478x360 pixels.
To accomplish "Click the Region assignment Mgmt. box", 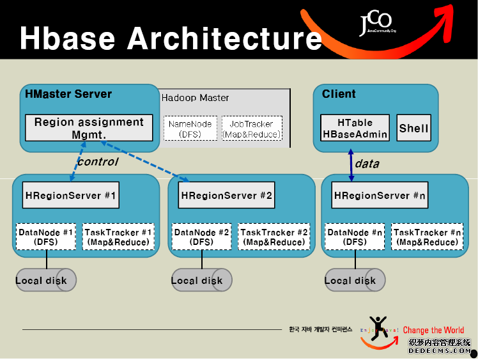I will [89, 128].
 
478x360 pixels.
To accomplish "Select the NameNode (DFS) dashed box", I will [190, 129].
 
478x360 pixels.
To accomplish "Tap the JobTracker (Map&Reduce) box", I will [251, 129].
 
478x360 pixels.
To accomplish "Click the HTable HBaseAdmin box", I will [355, 128].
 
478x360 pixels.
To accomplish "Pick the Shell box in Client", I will [413, 128].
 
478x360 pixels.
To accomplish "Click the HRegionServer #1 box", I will [71, 196].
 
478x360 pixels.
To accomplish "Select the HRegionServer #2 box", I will [227, 196].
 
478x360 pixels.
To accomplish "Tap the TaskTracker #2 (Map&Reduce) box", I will [274, 237].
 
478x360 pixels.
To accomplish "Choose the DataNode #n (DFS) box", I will [355, 237].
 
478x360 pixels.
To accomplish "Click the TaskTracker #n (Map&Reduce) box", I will [427, 237].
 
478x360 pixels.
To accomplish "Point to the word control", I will [97, 162].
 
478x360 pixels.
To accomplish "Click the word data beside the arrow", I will [367, 164].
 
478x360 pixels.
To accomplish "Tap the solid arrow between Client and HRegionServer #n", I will [350, 165].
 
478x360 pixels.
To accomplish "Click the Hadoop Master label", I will [195, 98].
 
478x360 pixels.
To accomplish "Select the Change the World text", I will [433, 330].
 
